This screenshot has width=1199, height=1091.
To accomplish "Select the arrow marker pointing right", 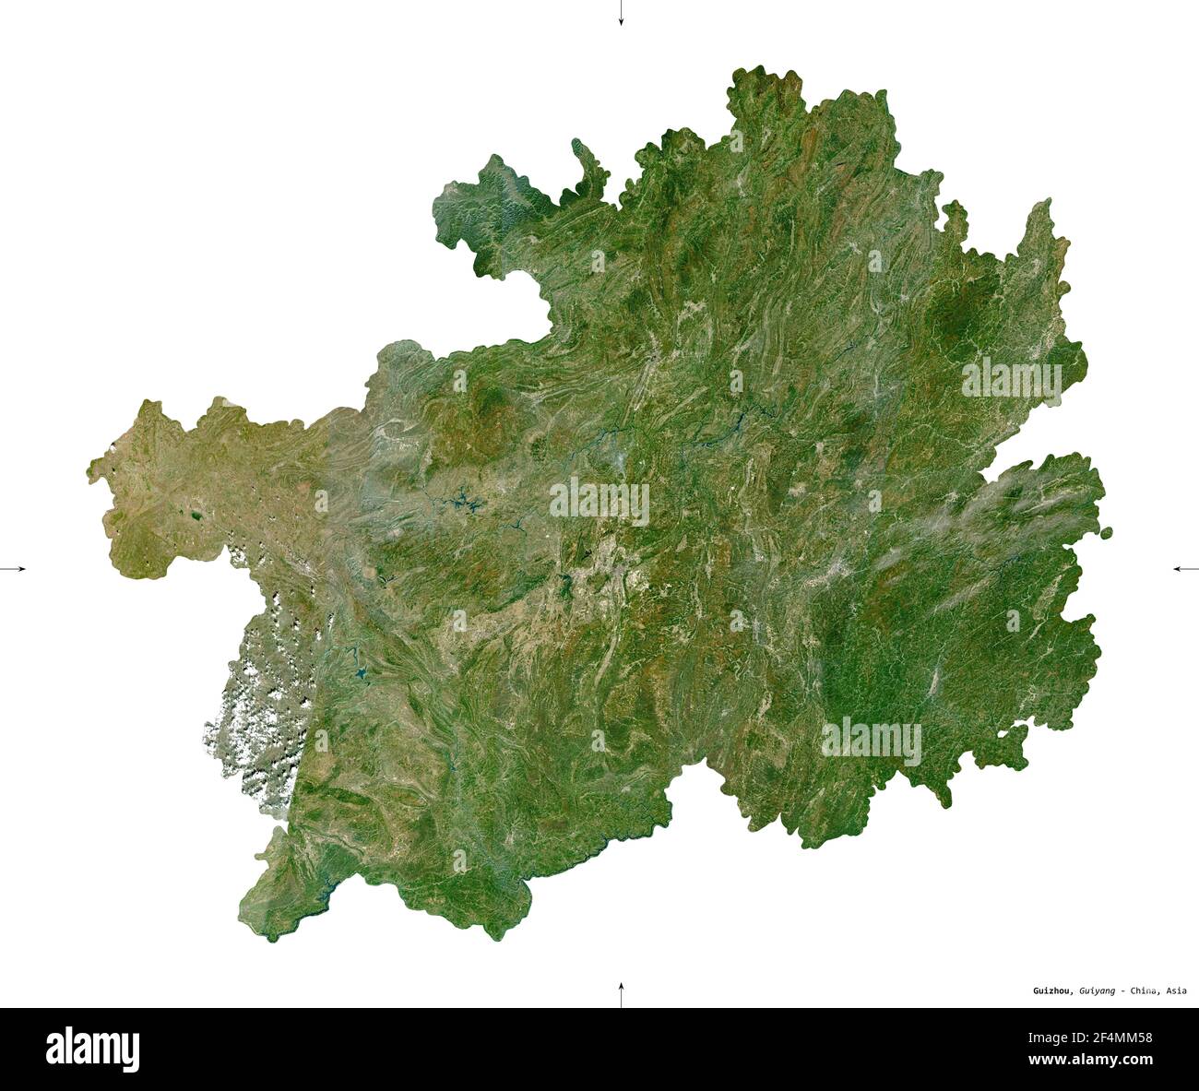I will point(13,569).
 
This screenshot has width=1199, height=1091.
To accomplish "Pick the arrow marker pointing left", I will point(1184,569).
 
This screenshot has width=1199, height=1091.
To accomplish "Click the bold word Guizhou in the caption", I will point(1051,991).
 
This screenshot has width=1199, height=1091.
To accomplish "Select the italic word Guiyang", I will point(1096,991).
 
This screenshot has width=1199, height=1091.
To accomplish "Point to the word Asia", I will point(1176,991).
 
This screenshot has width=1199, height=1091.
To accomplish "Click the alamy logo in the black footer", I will point(93,1049).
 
